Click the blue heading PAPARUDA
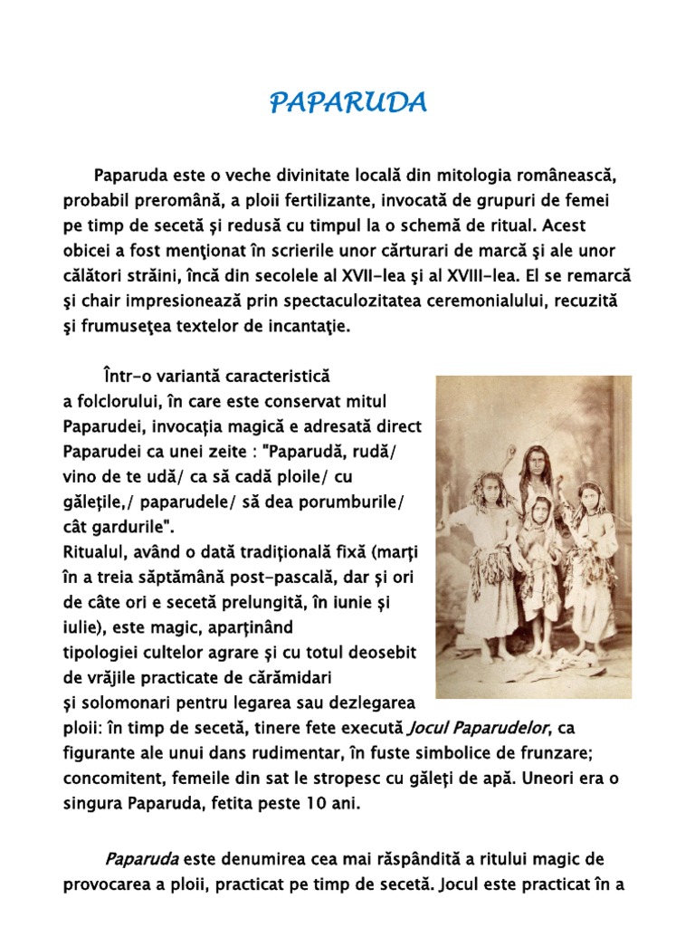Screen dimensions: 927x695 347,103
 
